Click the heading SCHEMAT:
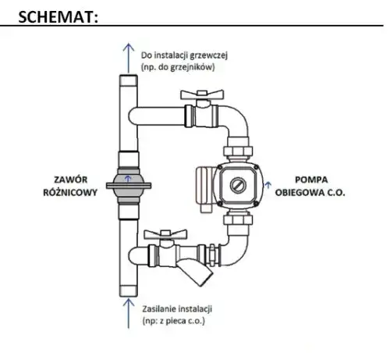(x=58, y=17)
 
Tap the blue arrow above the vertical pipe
(x=129, y=59)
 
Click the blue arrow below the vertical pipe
(x=129, y=313)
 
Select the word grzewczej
(x=209, y=55)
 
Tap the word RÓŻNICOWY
(x=70, y=192)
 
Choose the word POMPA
(x=311, y=180)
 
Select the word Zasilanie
(x=159, y=309)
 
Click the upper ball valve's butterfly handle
(x=202, y=94)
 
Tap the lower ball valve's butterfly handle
(x=165, y=234)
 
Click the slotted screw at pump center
(x=238, y=185)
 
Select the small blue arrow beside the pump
(x=268, y=185)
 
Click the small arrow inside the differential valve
(x=128, y=179)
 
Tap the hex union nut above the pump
(x=238, y=151)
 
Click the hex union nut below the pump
(x=238, y=219)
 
